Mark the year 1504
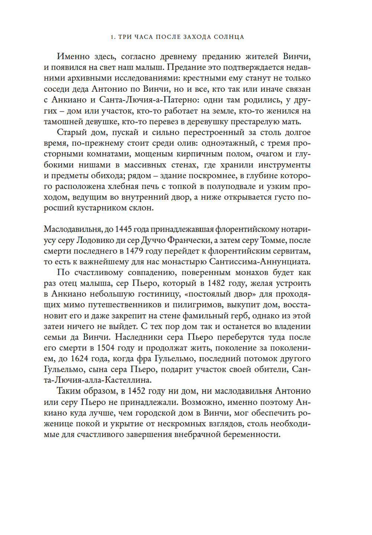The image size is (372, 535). (106, 348)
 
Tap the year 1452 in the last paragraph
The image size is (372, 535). (137, 391)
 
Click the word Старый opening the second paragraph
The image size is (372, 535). (72, 133)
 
